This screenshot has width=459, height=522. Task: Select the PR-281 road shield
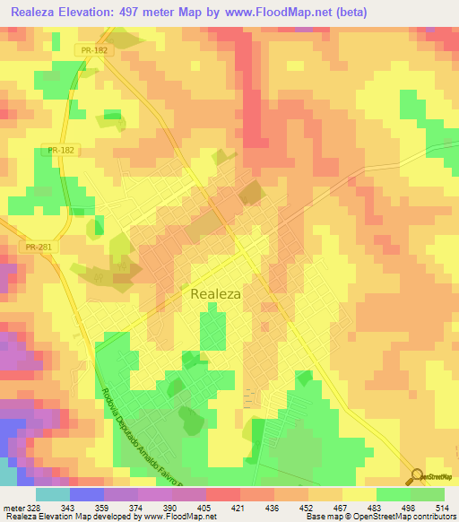[39, 246]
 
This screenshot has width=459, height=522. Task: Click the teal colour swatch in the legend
[52, 494]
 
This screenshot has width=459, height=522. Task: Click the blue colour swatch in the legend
[86, 494]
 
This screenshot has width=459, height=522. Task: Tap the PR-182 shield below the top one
[63, 150]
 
